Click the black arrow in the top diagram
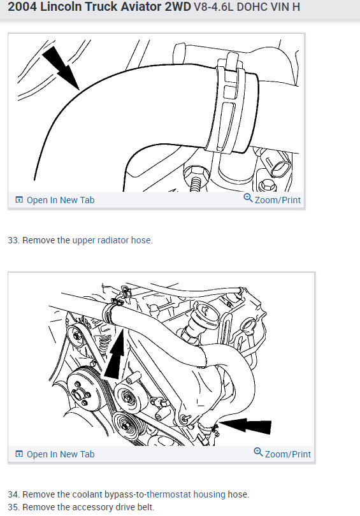tap(62, 68)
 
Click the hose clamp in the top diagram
tap(227, 102)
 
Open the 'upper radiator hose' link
tap(112, 240)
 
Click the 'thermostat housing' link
tap(186, 494)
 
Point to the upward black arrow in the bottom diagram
tap(115, 353)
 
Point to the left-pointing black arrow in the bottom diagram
tap(245, 426)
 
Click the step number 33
tap(13, 240)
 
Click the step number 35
tap(13, 507)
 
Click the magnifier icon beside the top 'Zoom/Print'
tap(248, 198)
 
